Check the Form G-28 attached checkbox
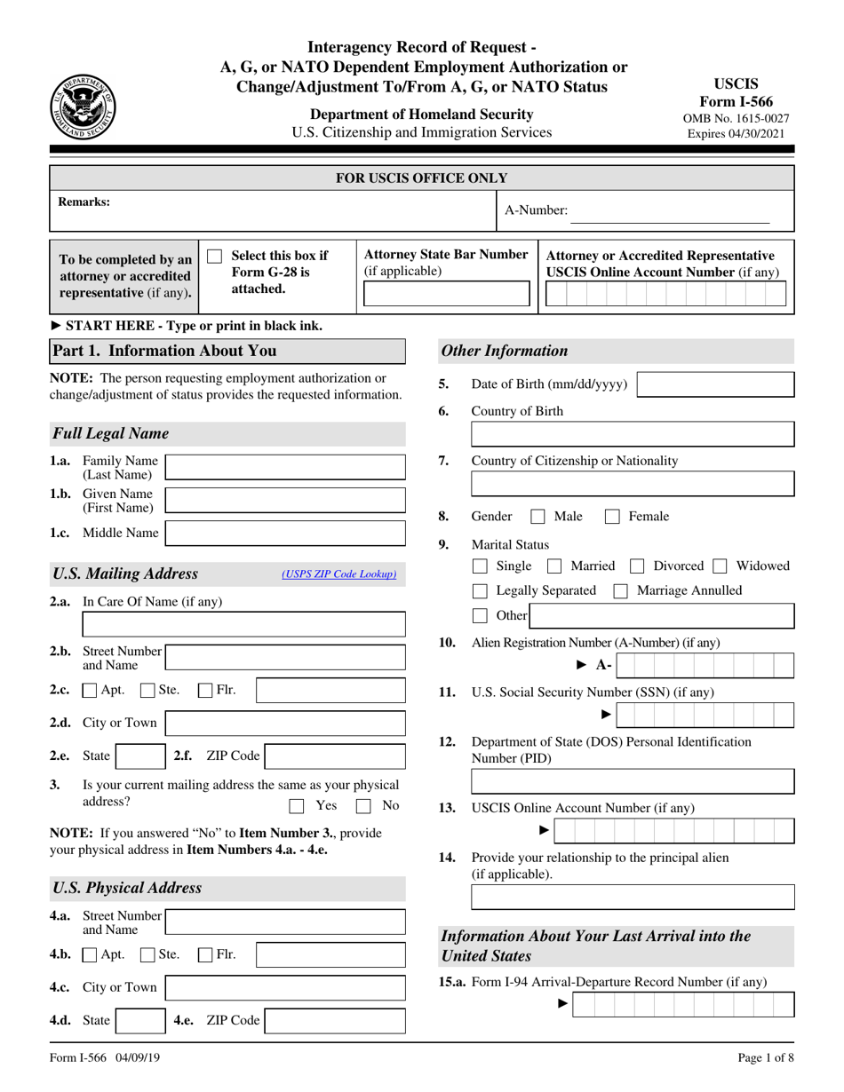pyautogui.click(x=214, y=257)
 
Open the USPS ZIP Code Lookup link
pyautogui.click(x=338, y=574)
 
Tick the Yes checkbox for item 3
pyautogui.click(x=298, y=806)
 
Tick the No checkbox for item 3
pyautogui.click(x=363, y=806)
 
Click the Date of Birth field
pyautogui.click(x=716, y=384)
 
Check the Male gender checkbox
pyautogui.click(x=537, y=517)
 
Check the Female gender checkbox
pyautogui.click(x=612, y=517)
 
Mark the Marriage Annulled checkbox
pyautogui.click(x=622, y=591)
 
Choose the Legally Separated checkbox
pyautogui.click(x=480, y=591)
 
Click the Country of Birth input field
pyautogui.click(x=633, y=434)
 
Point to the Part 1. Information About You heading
pyautogui.click(x=165, y=351)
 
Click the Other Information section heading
pyautogui.click(x=505, y=351)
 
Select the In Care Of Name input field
pyautogui.click(x=243, y=624)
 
